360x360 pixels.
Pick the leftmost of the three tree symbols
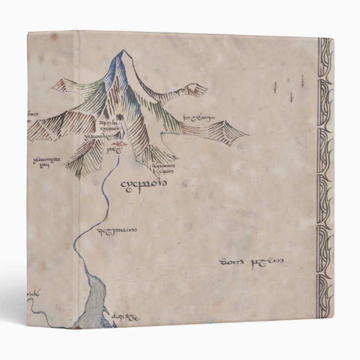click(275, 87)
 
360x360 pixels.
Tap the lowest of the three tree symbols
click(292, 96)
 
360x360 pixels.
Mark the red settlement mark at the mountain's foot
click(117, 145)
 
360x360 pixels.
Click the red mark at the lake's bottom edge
click(76, 326)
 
